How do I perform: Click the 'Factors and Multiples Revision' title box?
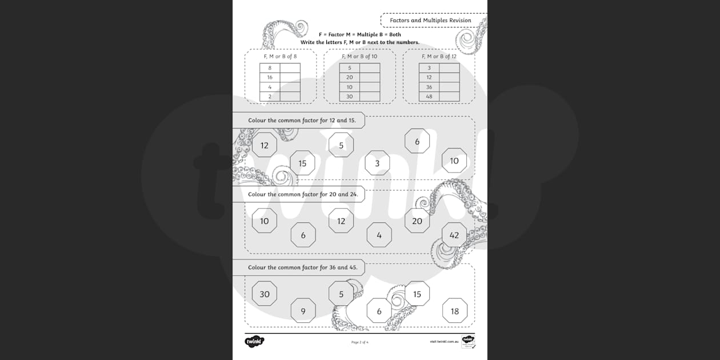(430, 21)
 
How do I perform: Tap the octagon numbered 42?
(454, 235)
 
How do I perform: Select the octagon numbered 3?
(377, 163)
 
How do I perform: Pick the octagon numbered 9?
(303, 311)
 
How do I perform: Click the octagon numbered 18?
(454, 311)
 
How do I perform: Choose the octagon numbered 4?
(379, 235)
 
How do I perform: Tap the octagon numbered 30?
(265, 294)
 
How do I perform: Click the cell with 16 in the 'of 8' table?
(270, 77)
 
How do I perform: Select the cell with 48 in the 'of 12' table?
(429, 97)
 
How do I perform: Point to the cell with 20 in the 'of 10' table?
(349, 77)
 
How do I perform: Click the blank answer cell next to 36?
(449, 87)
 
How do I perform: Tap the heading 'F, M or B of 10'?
(359, 57)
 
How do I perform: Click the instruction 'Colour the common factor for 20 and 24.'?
(303, 194)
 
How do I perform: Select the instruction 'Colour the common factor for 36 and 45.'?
(303, 267)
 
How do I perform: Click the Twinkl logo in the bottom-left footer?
(254, 342)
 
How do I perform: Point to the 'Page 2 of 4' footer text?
(359, 342)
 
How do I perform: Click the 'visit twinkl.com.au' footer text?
(445, 342)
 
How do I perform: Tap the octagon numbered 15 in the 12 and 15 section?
(302, 163)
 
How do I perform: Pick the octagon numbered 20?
(417, 221)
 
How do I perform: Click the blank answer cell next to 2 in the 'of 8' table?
(290, 97)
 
